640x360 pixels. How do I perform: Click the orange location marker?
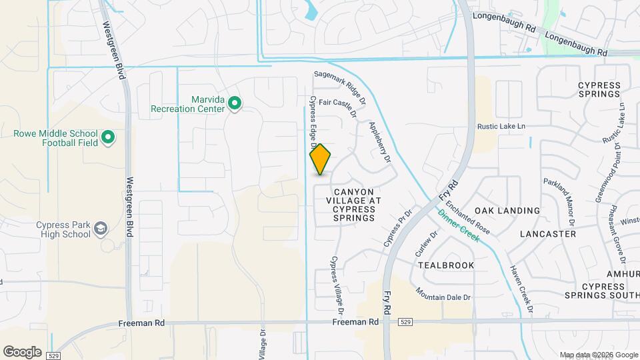[321, 159]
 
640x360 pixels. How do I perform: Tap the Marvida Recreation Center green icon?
[234, 103]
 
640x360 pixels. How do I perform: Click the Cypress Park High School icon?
[100, 229]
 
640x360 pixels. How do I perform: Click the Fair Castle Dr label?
[339, 106]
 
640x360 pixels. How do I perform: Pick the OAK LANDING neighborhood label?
[507, 211]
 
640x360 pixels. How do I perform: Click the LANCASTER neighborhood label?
[547, 234]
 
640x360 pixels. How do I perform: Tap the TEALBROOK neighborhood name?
[446, 265]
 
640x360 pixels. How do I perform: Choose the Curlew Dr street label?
[428, 244]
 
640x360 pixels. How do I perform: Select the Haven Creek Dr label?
[522, 289]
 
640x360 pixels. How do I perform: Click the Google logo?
[22, 351]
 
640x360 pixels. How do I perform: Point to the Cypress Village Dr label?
[337, 285]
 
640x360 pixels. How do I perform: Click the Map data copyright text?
[597, 355]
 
